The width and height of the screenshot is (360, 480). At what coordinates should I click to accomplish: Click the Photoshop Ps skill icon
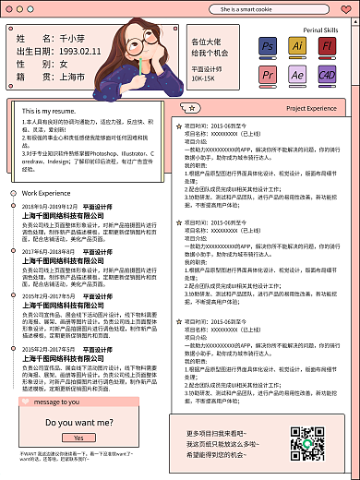point(268,46)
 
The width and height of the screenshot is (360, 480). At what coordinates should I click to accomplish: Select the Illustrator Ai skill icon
point(296,46)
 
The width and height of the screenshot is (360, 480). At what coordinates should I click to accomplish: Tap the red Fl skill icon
point(326,46)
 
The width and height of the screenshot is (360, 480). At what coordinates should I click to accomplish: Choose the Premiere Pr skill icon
point(268,74)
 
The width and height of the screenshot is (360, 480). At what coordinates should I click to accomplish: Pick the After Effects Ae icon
point(296,74)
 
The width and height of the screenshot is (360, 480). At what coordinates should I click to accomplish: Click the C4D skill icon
point(326,74)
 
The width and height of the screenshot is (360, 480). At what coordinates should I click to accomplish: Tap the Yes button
point(78,438)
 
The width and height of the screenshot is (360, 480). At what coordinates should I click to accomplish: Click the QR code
point(306,444)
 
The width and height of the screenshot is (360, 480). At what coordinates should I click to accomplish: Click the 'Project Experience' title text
point(311,108)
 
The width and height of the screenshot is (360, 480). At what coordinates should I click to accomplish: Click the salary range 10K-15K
point(203,78)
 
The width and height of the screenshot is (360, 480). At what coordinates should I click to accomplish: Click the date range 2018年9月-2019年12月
point(50,207)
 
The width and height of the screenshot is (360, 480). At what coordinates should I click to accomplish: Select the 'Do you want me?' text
point(79,422)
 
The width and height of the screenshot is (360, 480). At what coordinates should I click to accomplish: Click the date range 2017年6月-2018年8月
point(48,251)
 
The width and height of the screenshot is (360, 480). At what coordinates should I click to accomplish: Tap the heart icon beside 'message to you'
point(25,402)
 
